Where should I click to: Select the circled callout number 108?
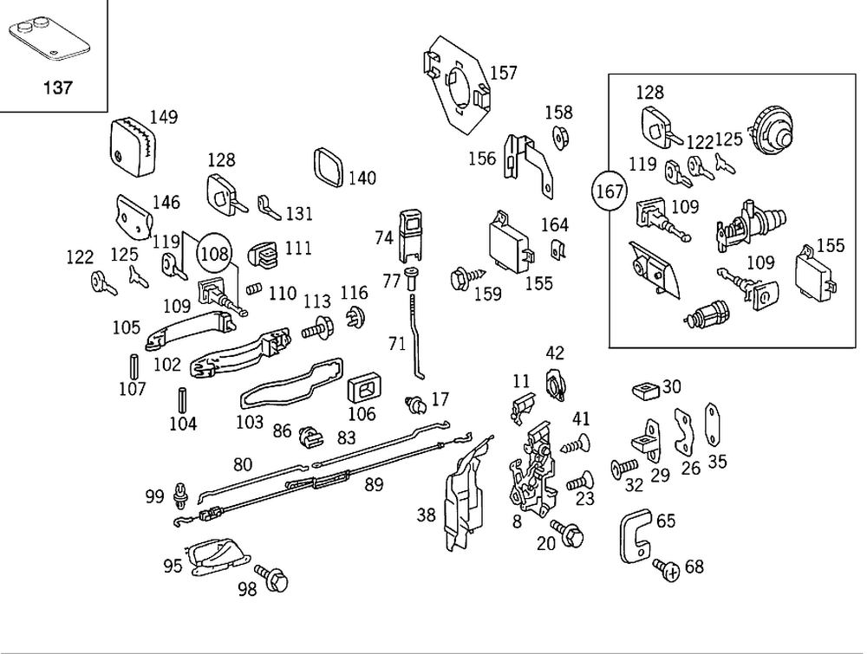pos(215,253)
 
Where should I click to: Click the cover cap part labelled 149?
pos(134,145)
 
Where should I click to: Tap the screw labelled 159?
pos(459,279)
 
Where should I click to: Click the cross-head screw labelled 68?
pos(666,568)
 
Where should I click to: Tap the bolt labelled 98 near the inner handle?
pos(271,579)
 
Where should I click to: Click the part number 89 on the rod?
pos(374,485)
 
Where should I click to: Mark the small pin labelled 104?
pos(183,399)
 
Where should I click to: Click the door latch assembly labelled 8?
pos(534,469)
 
